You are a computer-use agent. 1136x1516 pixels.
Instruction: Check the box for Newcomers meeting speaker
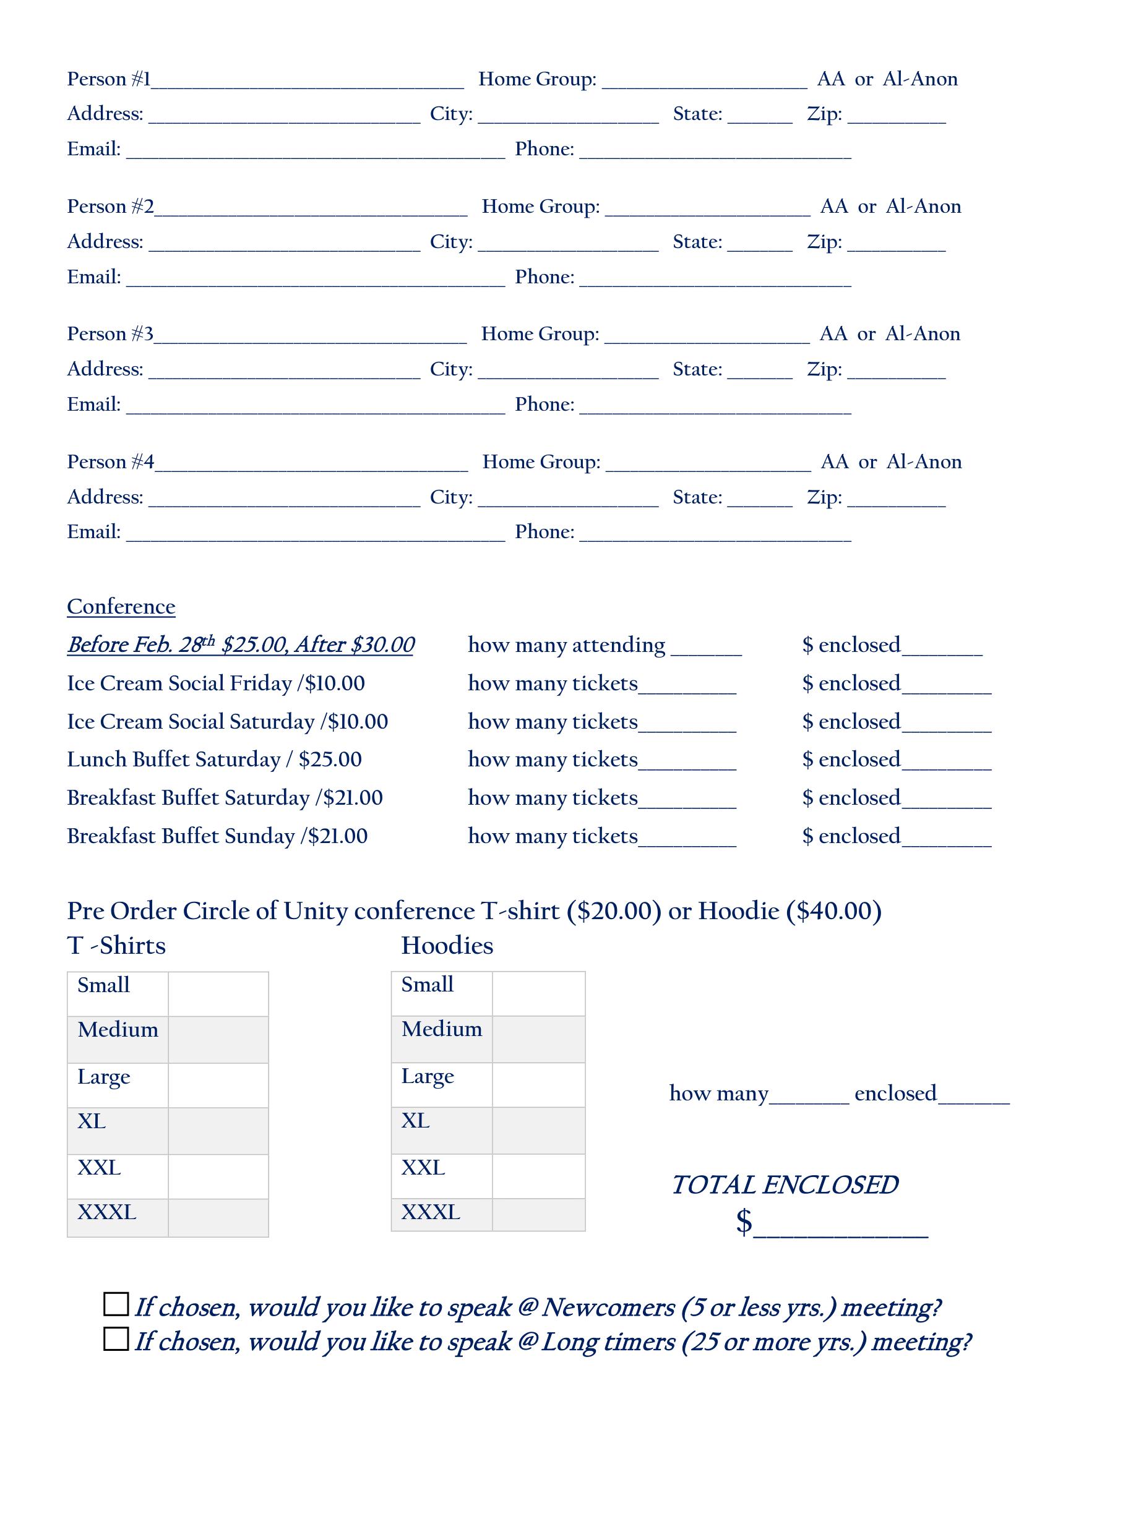pyautogui.click(x=116, y=1304)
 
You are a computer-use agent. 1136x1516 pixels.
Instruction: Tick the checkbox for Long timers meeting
pyautogui.click(x=116, y=1338)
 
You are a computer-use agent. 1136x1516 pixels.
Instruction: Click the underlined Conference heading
pyautogui.click(x=121, y=607)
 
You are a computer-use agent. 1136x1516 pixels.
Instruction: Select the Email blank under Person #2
pyautogui.click(x=316, y=280)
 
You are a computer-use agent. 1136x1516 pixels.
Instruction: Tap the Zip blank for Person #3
pyautogui.click(x=896, y=372)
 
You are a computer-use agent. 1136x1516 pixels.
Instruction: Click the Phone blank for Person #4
pyautogui.click(x=715, y=534)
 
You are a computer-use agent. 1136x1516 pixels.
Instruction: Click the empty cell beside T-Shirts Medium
pyautogui.click(x=218, y=1039)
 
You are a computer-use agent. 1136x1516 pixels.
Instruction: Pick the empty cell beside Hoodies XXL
pyautogui.click(x=538, y=1176)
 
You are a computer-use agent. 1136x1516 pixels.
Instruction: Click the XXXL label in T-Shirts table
pyautogui.click(x=107, y=1212)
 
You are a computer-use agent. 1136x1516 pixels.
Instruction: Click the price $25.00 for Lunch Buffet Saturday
pyautogui.click(x=330, y=760)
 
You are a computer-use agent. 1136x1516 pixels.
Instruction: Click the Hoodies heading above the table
pyautogui.click(x=447, y=946)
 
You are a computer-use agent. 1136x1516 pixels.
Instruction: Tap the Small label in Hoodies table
pyautogui.click(x=427, y=985)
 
